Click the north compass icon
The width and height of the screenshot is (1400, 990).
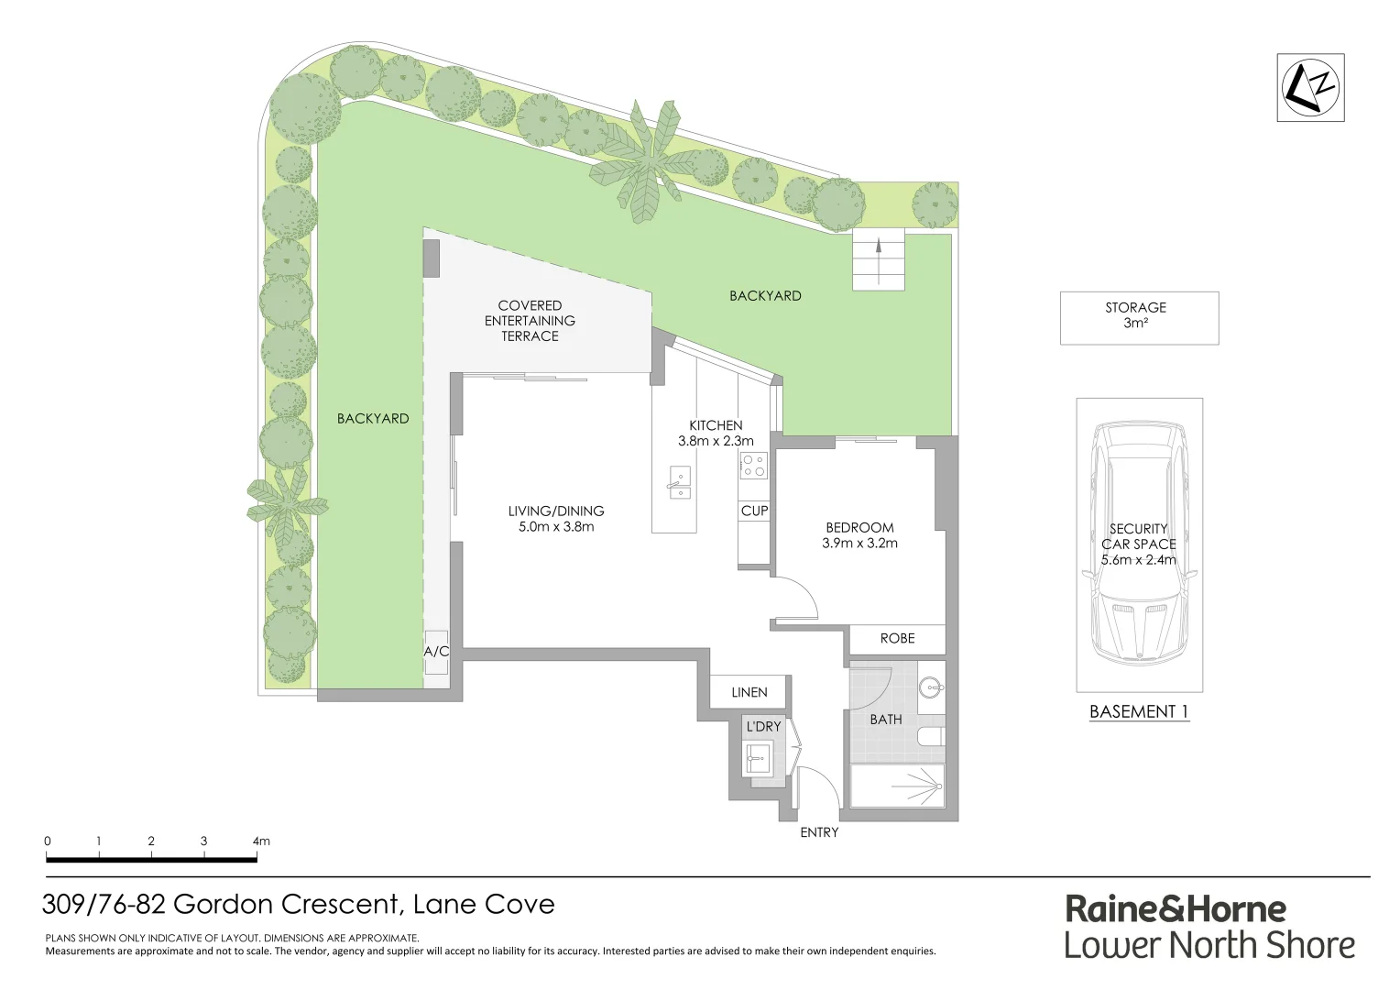pos(1310,87)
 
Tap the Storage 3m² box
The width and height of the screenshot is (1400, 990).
pos(1138,317)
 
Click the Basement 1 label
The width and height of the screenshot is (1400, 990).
pos(1138,711)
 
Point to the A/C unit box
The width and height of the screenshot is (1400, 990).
pos(436,652)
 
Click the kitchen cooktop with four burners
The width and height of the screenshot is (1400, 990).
pos(753,466)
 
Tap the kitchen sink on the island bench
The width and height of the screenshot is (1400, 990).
pos(679,482)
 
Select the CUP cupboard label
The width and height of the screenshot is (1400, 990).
pos(754,511)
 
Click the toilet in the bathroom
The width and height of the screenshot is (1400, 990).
pos(930,737)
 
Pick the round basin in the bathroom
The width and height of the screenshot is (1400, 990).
pos(932,687)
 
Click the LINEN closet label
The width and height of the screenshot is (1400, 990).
pos(749,692)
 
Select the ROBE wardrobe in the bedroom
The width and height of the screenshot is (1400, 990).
pos(897,638)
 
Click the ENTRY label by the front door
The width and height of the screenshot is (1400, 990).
pos(818,832)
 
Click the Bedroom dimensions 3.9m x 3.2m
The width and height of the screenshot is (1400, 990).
pos(859,543)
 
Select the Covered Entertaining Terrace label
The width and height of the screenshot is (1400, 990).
pos(530,321)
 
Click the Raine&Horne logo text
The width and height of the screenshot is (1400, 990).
pos(1176,909)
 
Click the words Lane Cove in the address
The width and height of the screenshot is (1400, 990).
pos(484,904)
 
